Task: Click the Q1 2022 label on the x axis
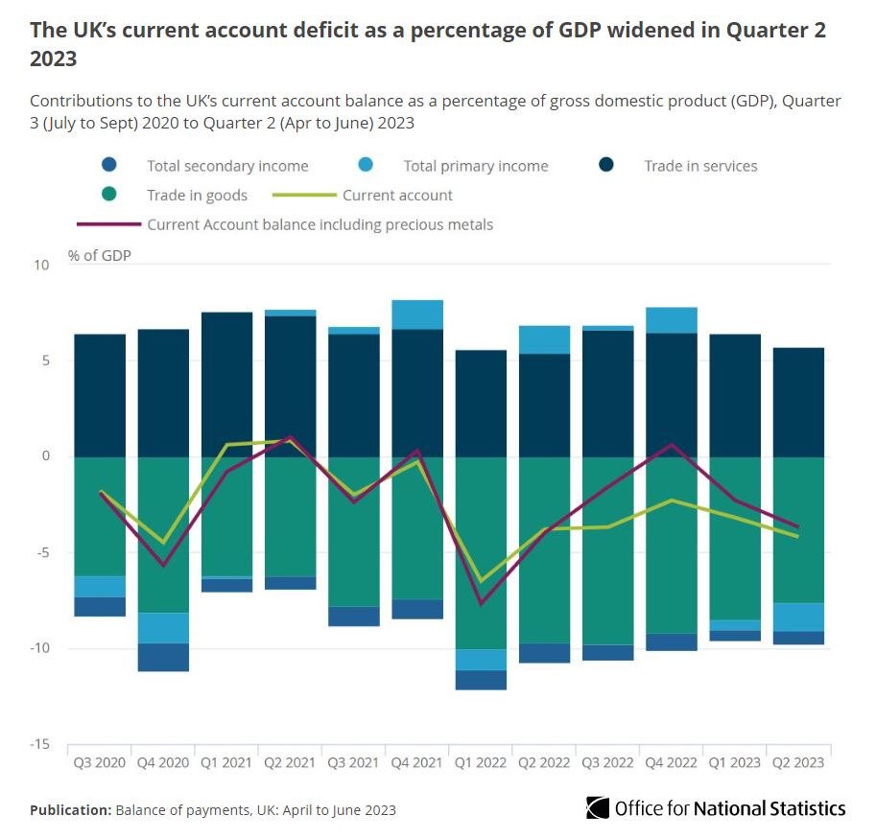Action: (x=481, y=762)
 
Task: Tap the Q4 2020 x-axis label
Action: (x=162, y=762)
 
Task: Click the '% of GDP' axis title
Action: (x=100, y=255)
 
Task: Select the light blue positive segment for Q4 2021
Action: (x=417, y=315)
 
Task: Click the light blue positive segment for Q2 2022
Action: (x=544, y=339)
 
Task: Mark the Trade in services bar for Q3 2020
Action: (x=100, y=395)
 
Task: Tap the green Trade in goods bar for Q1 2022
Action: (x=481, y=552)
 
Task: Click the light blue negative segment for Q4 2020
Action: (x=162, y=627)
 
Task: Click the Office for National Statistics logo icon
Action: (x=598, y=807)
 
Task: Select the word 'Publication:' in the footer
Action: (x=70, y=810)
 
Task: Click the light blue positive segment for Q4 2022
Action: (x=672, y=320)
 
